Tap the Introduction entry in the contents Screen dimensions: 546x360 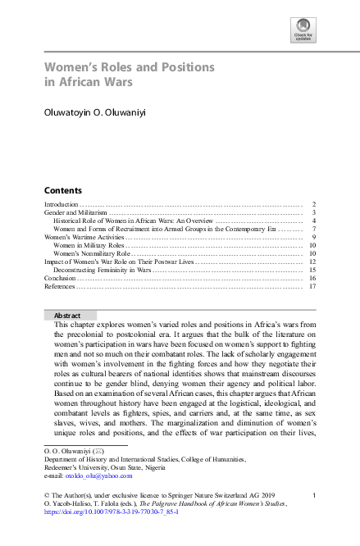[x=62, y=203]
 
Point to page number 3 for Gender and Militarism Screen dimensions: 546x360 [x=314, y=212]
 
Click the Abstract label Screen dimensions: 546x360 [x=67, y=316]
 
